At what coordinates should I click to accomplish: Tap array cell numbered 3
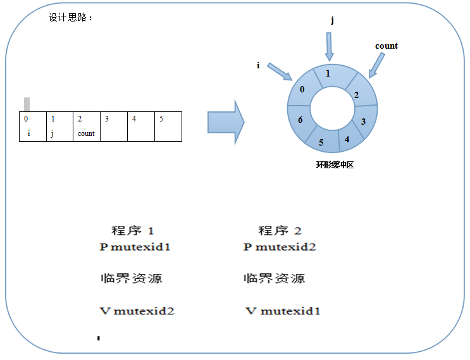[x=114, y=127]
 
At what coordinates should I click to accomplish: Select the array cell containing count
[x=87, y=127]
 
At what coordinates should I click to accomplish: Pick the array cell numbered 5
[x=168, y=127]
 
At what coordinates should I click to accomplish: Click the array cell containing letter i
[x=33, y=127]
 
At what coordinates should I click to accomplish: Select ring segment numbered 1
[x=327, y=74]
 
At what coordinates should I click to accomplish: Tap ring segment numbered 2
[x=356, y=95]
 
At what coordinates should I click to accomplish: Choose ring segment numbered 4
[x=347, y=137]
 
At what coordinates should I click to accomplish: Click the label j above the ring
[x=332, y=20]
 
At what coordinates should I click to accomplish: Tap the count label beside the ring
[x=386, y=46]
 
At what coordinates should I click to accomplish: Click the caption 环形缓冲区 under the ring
[x=334, y=165]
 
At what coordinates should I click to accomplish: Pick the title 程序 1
[x=133, y=230]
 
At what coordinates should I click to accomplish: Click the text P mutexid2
[x=279, y=247]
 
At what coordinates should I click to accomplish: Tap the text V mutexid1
[x=283, y=311]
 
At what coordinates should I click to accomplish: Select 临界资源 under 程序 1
[x=131, y=278]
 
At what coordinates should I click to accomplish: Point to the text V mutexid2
[x=137, y=311]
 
